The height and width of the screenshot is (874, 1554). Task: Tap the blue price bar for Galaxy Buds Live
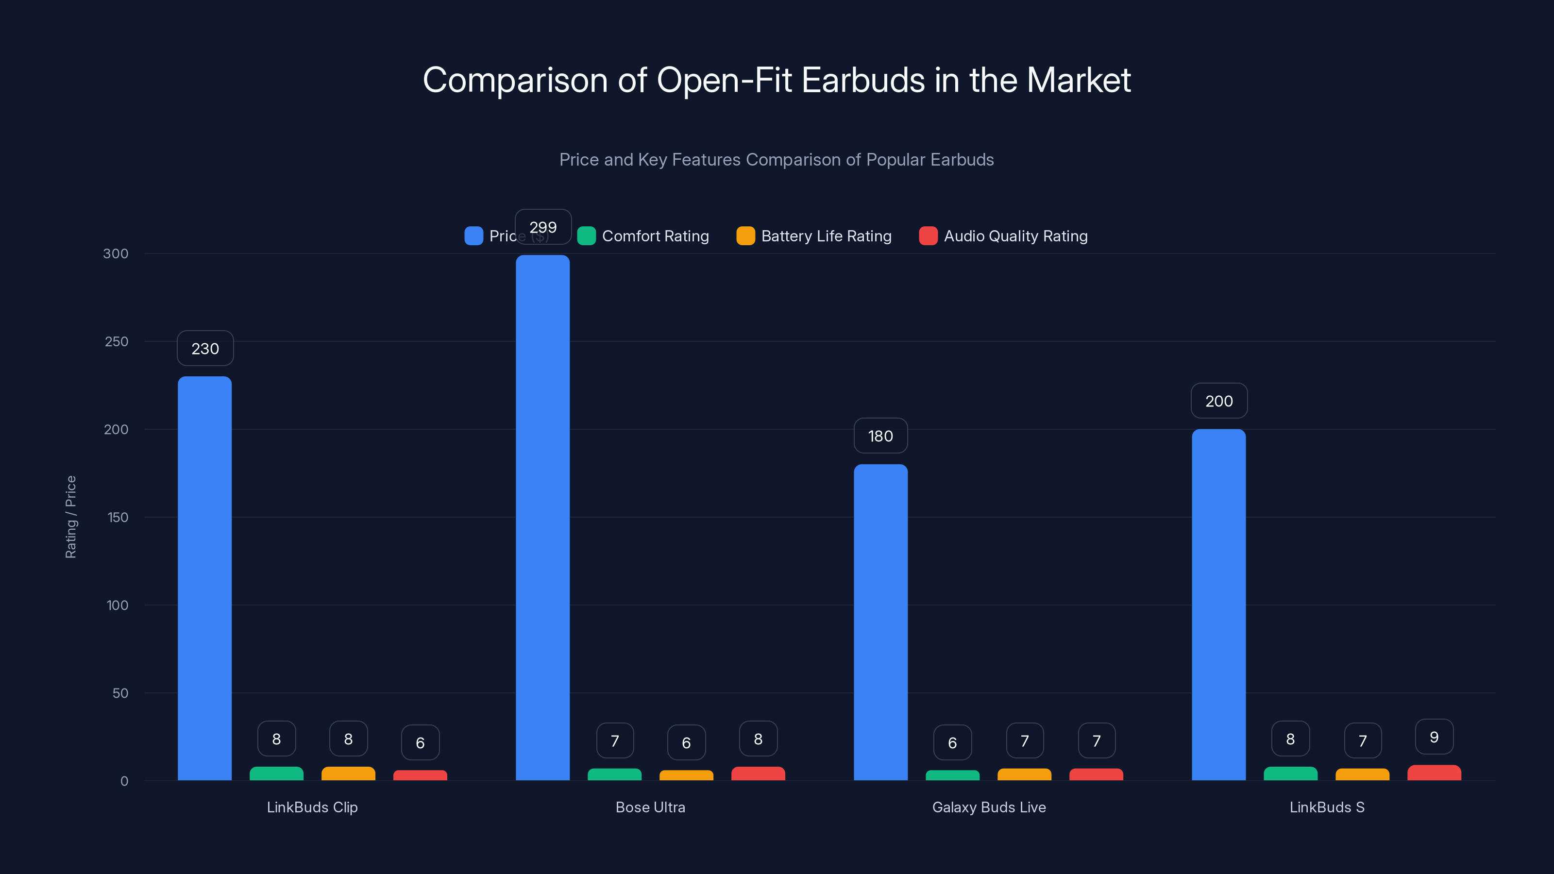880,622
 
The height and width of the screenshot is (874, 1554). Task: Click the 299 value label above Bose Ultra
542,227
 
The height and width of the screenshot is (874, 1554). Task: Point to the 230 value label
204,348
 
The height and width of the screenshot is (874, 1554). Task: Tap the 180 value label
880,436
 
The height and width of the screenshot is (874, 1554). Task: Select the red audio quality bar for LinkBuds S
1434,773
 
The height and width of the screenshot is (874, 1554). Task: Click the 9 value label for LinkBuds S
1434,737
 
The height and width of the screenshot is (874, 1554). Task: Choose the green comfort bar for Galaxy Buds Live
952,775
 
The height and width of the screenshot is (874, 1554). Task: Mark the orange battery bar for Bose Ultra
686,775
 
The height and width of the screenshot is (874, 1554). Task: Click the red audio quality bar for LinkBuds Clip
420,775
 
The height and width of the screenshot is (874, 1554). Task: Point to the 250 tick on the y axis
117,341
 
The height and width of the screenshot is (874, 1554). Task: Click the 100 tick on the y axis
117,605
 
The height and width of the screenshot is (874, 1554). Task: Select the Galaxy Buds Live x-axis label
989,807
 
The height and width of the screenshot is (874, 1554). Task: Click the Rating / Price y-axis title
70,517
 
